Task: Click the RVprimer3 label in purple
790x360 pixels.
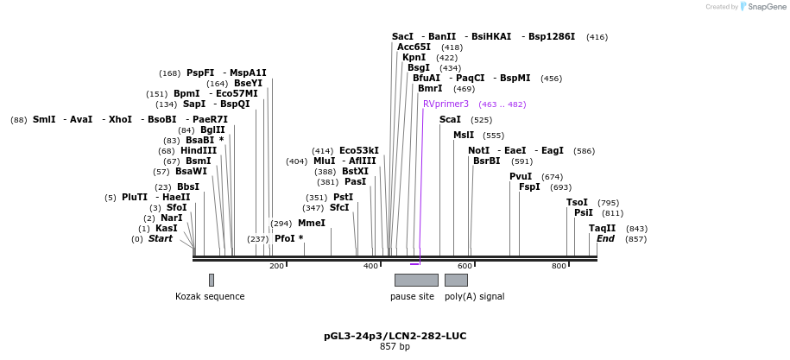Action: pyautogui.click(x=446, y=104)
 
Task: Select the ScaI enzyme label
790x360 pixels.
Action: pyautogui.click(x=450, y=119)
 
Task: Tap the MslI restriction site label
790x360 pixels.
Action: pyautogui.click(x=464, y=135)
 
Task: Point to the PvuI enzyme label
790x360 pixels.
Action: pyautogui.click(x=521, y=176)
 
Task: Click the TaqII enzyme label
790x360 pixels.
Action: pyautogui.click(x=602, y=228)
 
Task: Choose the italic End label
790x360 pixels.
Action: pyautogui.click(x=605, y=238)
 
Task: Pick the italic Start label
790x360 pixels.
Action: pyautogui.click(x=160, y=238)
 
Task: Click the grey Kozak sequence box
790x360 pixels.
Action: pyautogui.click(x=211, y=280)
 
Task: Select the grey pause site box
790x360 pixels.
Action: pyautogui.click(x=416, y=280)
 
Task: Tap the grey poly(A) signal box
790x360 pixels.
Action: pyautogui.click(x=456, y=280)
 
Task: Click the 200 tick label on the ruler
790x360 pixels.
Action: pyautogui.click(x=276, y=266)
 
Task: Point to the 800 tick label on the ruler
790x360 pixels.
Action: pyautogui.click(x=559, y=266)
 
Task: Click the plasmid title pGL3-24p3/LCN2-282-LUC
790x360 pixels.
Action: pyautogui.click(x=395, y=336)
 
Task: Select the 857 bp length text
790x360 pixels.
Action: pyautogui.click(x=395, y=346)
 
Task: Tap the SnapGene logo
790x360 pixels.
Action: pyautogui.click(x=761, y=6)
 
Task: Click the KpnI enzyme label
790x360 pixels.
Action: pyautogui.click(x=414, y=57)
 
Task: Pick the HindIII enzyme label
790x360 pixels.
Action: pyautogui.click(x=199, y=150)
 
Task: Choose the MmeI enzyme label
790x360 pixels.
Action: pyautogui.click(x=312, y=223)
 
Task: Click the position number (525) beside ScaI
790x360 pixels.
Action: pyautogui.click(x=481, y=120)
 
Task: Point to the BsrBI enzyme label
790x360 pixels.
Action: pyautogui.click(x=487, y=161)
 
